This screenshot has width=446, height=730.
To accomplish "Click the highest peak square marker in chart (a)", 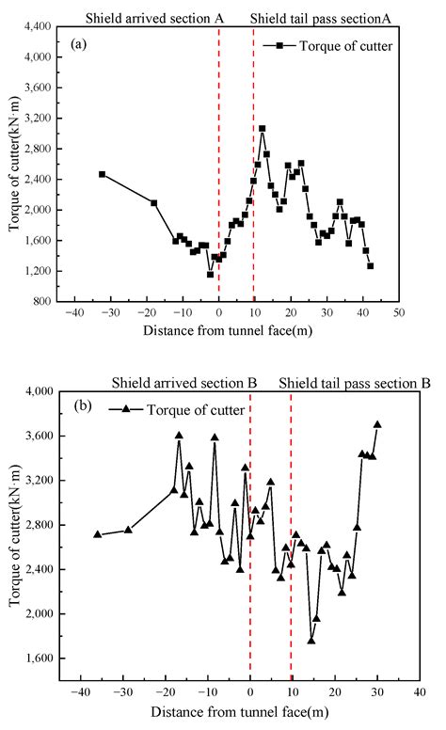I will point(263,128).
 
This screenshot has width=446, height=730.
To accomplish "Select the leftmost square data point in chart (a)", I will point(102,174).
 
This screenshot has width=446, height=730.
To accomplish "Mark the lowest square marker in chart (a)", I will point(211,274).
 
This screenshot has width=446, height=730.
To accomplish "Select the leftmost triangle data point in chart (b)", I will point(97,534).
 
